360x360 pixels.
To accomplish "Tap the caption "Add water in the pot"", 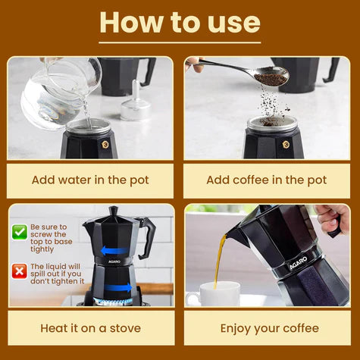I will [x=90, y=180].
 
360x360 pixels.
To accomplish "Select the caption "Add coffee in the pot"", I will [x=267, y=180].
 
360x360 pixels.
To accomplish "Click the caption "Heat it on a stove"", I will [x=90, y=328].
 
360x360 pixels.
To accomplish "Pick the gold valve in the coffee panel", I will [x=286, y=143].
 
